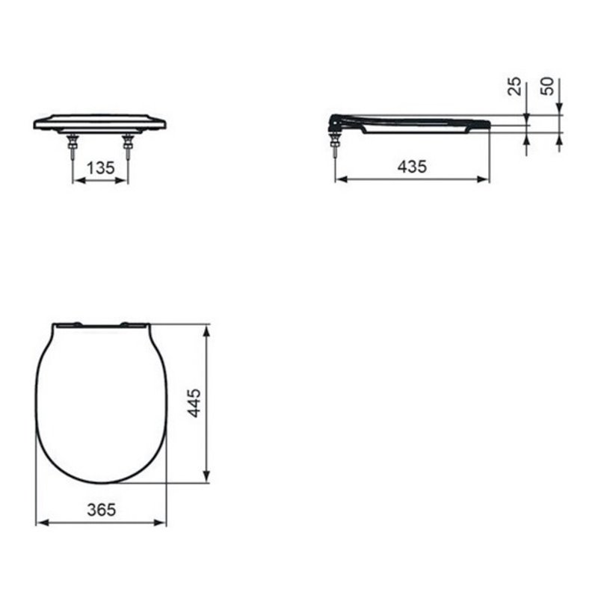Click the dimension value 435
411,167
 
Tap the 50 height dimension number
549,87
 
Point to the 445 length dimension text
194,403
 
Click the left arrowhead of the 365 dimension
40,521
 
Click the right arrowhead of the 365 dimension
162,521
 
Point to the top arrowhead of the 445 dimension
207,328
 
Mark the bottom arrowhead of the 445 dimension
207,478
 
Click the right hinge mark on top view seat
134,324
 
